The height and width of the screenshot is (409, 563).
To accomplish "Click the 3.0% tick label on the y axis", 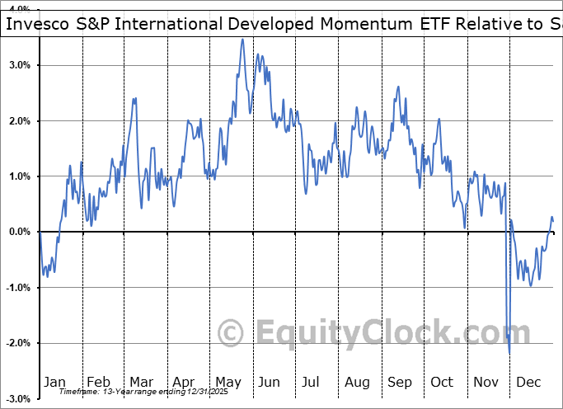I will tap(20, 65).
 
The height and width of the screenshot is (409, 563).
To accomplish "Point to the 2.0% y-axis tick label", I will tap(20, 121).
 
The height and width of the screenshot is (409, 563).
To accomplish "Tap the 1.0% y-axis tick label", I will tap(20, 176).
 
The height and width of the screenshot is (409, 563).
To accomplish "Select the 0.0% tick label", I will tap(20, 232).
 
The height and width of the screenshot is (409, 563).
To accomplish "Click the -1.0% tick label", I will tap(18, 288).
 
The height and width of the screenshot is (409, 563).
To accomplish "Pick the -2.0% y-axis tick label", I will tap(18, 343).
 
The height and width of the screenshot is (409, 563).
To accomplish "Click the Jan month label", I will tap(54, 382).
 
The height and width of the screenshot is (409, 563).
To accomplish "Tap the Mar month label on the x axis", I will tap(141, 382).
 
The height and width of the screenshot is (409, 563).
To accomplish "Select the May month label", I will tap(228, 382).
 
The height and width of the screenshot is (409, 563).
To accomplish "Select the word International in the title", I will tap(173, 23).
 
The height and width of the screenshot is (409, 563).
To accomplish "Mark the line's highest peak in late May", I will tap(242, 40).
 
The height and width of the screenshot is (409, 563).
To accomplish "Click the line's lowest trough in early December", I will tap(509, 353).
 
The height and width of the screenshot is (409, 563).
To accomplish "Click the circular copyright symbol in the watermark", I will tap(230, 333).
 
